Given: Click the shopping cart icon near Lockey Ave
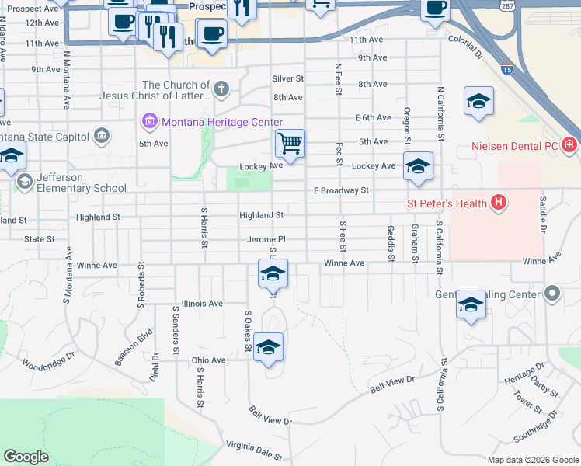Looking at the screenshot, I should [290, 143].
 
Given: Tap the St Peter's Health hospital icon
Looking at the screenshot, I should [499, 204].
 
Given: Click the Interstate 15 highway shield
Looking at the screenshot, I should [506, 70].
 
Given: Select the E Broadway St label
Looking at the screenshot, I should [340, 190].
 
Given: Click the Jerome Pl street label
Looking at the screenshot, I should [266, 240].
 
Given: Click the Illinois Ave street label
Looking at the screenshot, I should [201, 304].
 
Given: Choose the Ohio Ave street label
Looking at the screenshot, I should [208, 360].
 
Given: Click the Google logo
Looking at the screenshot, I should [26, 457].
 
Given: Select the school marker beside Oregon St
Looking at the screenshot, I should [418, 166].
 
